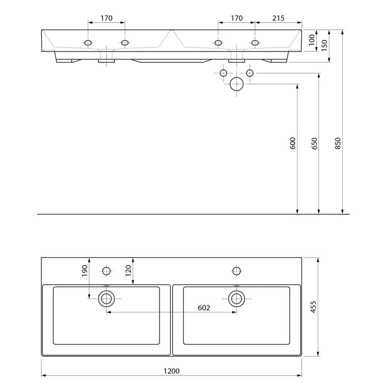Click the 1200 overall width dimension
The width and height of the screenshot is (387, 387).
click(x=172, y=371)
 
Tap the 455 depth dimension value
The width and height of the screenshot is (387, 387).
click(x=313, y=307)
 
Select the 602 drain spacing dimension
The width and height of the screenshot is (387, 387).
click(x=204, y=308)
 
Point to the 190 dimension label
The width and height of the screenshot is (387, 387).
click(x=85, y=271)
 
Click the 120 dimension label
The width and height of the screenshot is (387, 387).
click(x=128, y=271)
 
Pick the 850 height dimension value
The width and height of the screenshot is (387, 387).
click(x=338, y=143)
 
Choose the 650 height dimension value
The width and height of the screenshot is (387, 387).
click(x=315, y=143)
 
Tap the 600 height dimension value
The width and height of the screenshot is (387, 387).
click(x=292, y=143)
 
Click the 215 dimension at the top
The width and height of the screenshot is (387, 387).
click(x=278, y=18)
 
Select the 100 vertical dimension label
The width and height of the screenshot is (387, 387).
click(x=312, y=40)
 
